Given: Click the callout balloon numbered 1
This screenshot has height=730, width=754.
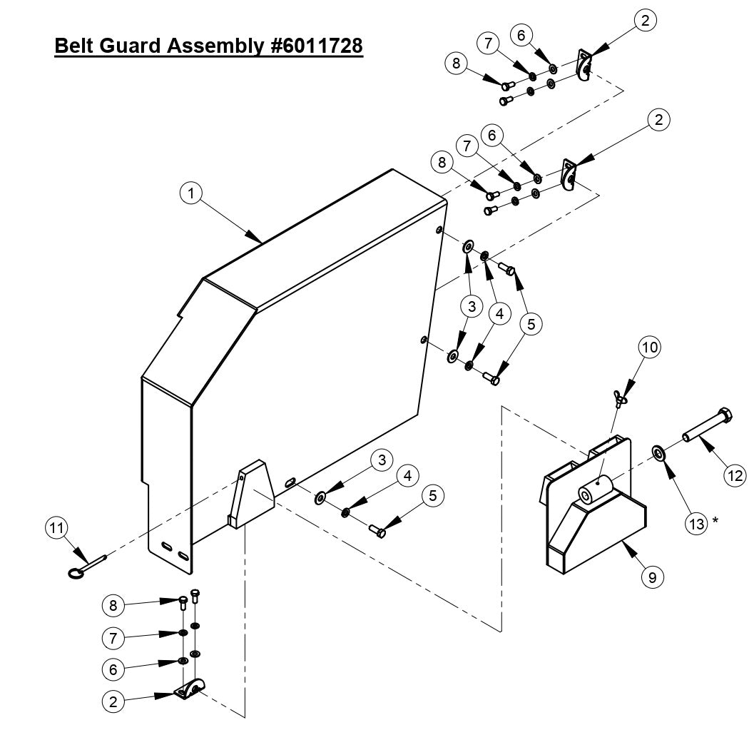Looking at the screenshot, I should click(191, 192).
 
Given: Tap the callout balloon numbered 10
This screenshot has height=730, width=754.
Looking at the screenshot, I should click(649, 348).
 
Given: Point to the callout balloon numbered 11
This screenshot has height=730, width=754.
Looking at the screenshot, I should click(56, 528).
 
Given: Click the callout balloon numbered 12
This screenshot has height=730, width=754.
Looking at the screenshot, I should click(735, 475).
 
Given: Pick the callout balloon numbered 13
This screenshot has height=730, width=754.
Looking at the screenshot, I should click(698, 523).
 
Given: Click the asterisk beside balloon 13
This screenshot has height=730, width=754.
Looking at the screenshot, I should click(715, 521).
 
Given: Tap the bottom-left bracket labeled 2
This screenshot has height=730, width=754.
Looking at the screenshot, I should click(189, 690).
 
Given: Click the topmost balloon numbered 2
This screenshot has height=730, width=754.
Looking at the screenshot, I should click(644, 21).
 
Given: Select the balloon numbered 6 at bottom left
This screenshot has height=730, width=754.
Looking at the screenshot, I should click(113, 669).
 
